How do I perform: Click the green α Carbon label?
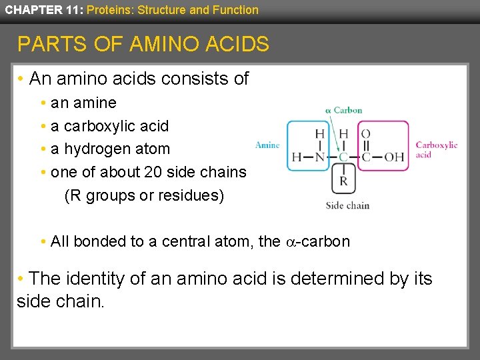click(x=343, y=110)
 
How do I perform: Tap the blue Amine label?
click(x=267, y=145)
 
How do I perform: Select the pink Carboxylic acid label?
click(x=436, y=149)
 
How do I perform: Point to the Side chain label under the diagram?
click(x=347, y=205)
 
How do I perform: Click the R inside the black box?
click(x=343, y=181)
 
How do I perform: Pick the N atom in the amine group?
click(x=319, y=157)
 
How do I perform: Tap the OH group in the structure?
click(x=394, y=157)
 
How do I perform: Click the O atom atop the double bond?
click(x=365, y=134)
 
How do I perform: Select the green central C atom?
click(x=343, y=157)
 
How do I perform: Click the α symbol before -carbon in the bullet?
click(x=290, y=242)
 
